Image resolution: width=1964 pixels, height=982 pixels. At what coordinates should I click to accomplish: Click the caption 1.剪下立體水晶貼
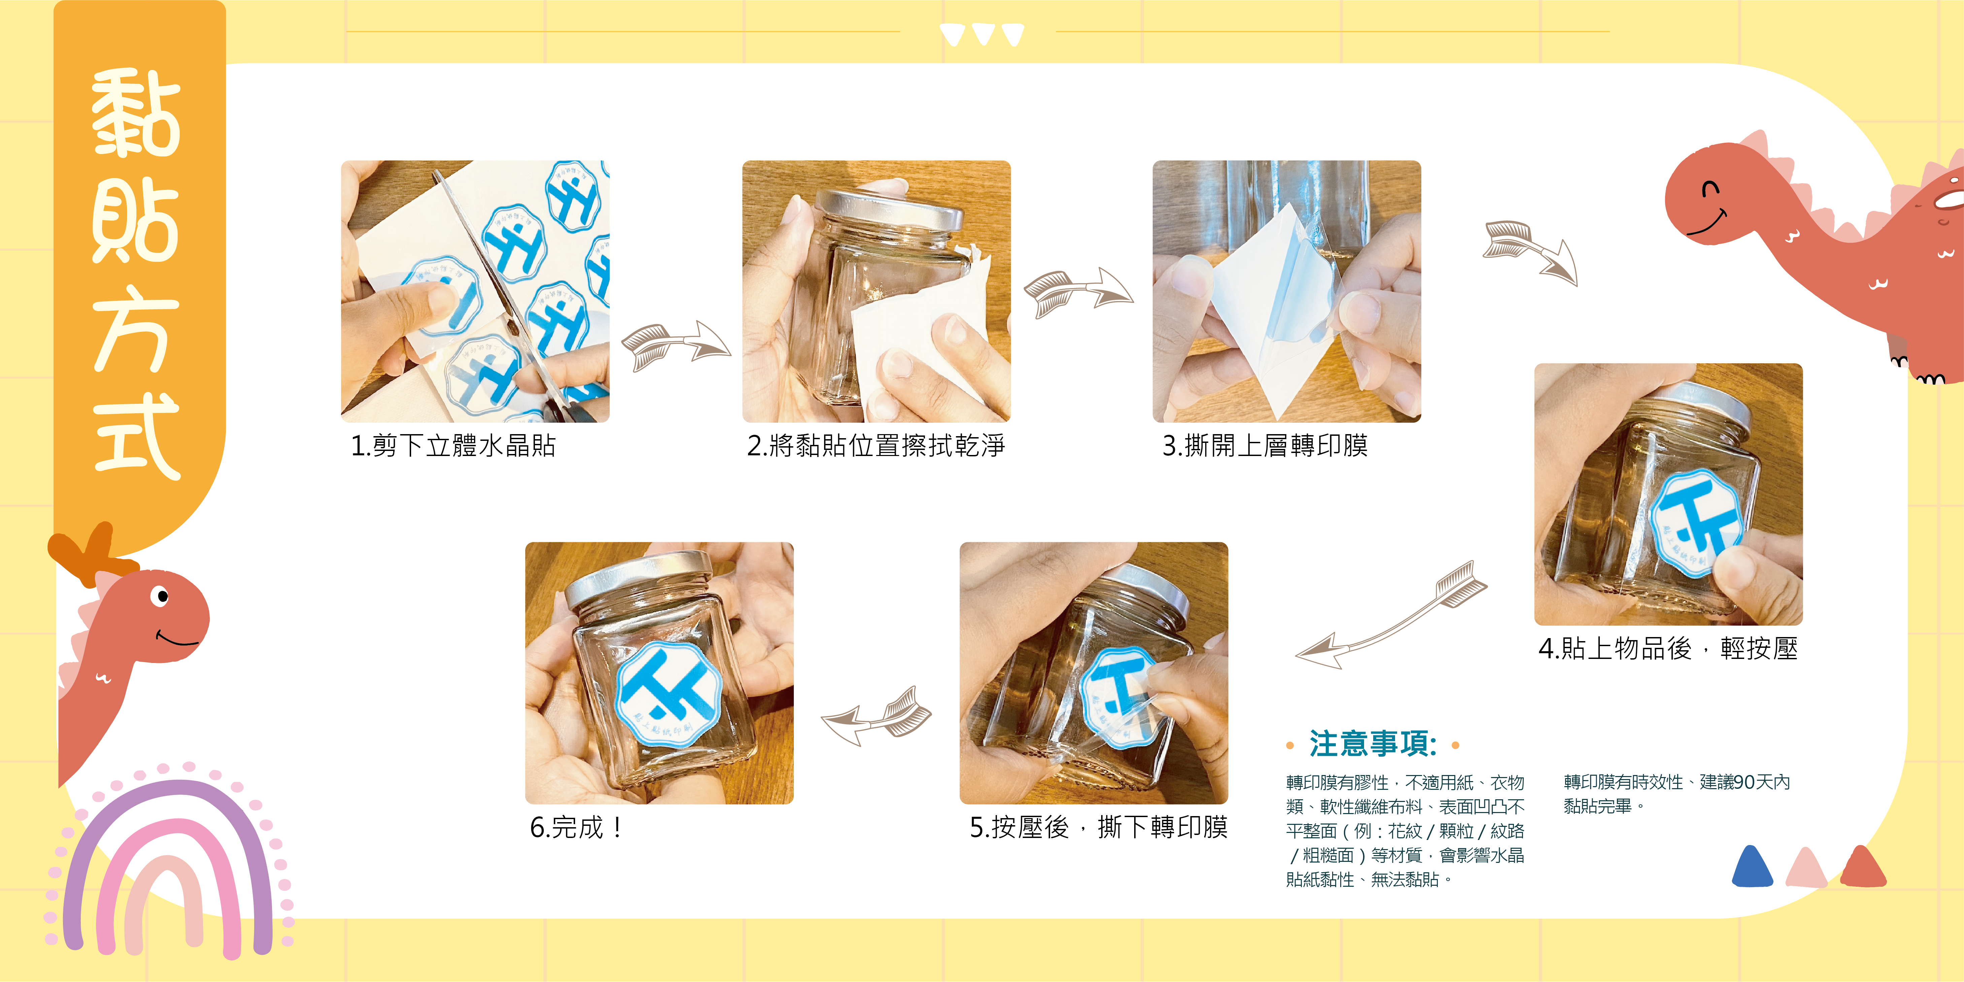pyautogui.click(x=453, y=446)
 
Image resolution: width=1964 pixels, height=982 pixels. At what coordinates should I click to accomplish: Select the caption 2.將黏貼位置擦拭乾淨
pyautogui.click(x=875, y=446)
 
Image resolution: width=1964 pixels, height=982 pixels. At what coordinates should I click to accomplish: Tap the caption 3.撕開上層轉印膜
pyautogui.click(x=1264, y=446)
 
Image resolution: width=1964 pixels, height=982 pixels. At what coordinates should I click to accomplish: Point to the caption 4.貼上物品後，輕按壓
pyautogui.click(x=1667, y=649)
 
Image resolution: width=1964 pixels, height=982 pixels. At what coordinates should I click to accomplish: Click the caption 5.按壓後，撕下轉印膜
pyautogui.click(x=1098, y=827)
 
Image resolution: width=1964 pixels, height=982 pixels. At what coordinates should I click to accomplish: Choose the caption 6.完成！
pyautogui.click(x=576, y=827)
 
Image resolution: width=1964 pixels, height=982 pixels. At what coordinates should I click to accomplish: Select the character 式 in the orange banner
pyautogui.click(x=137, y=436)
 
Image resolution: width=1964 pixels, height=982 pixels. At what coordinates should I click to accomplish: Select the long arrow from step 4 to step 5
pyautogui.click(x=1391, y=616)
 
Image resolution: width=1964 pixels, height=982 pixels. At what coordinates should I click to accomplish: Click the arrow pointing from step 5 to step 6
pyautogui.click(x=877, y=715)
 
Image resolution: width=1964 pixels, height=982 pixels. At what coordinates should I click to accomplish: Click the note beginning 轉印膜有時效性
pyautogui.click(x=1676, y=794)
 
